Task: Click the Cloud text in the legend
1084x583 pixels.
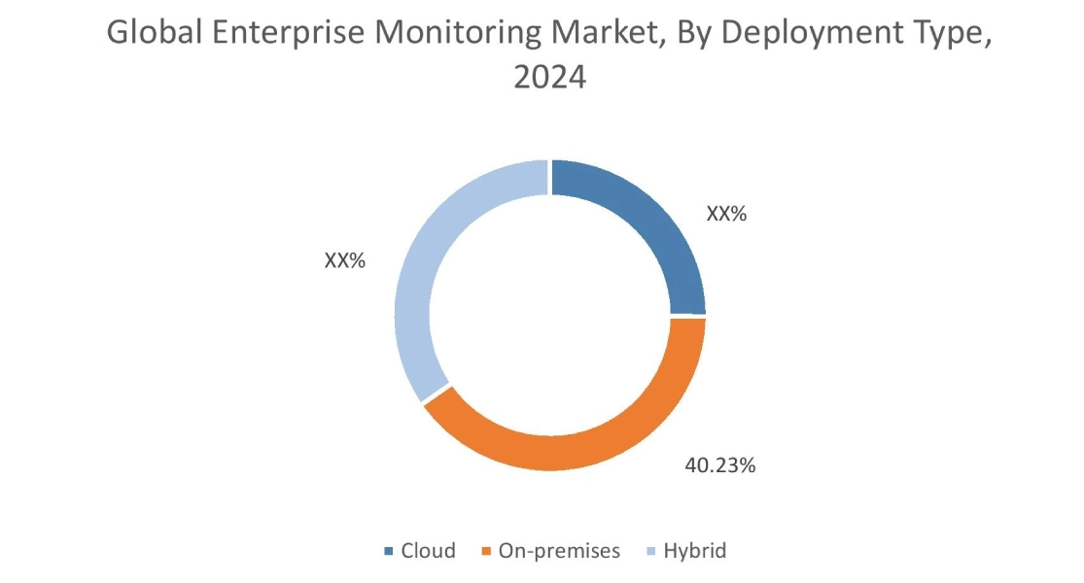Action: point(428,551)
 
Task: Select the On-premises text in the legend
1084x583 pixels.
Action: point(559,551)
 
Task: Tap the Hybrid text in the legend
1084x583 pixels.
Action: point(695,551)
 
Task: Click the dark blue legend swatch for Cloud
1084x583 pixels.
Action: point(389,552)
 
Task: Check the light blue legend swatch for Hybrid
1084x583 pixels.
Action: point(652,552)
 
